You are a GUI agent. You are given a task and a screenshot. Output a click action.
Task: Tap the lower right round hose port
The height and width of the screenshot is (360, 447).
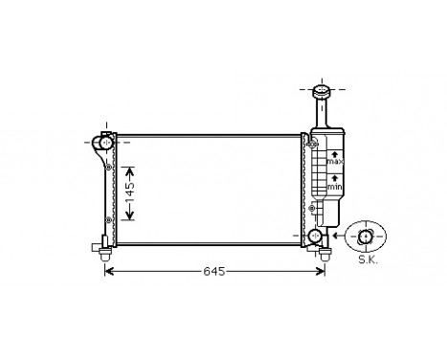[x=316, y=236]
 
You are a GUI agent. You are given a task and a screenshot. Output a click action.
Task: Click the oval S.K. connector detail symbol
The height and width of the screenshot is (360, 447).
[x=368, y=236]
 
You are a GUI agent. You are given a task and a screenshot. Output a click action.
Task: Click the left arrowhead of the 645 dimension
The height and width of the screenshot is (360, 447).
[x=107, y=272]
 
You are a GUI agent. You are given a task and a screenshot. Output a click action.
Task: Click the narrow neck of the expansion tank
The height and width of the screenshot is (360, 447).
[x=319, y=114]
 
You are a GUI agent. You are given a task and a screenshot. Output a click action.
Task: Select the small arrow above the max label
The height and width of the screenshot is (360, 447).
[x=334, y=152]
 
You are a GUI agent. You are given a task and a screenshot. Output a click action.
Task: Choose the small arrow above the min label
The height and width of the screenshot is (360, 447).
[x=334, y=178]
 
